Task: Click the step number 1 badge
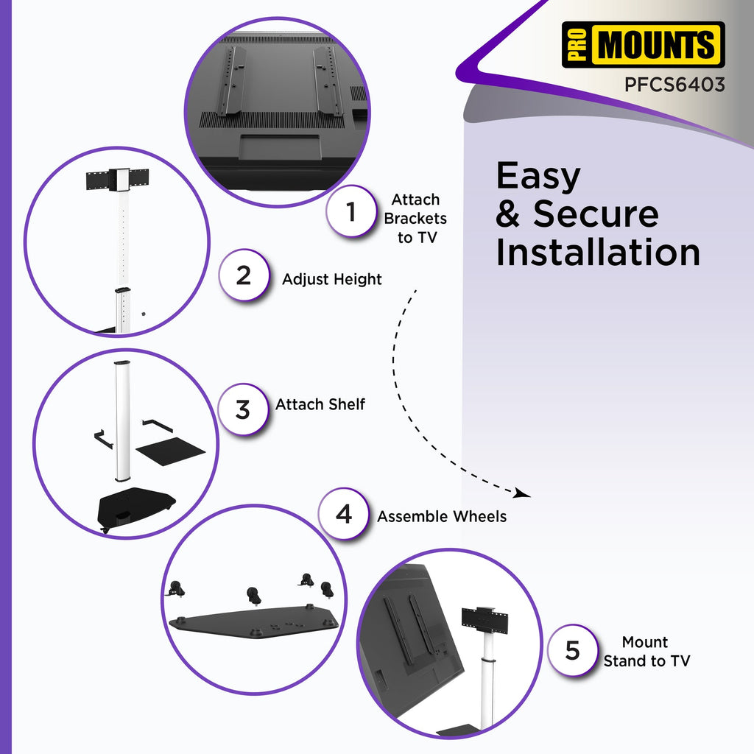351,211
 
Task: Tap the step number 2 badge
244,275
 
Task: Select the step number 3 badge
243,409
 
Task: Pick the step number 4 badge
344,514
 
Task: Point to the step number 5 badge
573,650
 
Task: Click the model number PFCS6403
674,85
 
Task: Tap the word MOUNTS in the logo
656,45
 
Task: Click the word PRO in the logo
577,45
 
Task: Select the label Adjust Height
332,279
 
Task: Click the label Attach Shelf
320,404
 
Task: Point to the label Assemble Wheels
442,516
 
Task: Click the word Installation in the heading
598,252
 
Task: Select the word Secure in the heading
596,214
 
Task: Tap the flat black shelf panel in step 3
170,451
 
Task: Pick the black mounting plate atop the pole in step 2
117,180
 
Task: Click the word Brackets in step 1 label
415,218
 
